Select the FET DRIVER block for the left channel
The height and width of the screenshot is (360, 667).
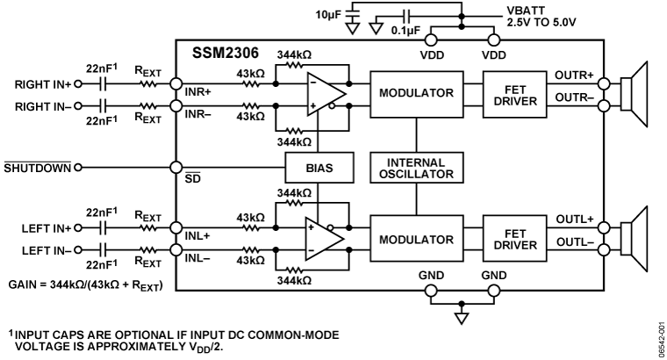pos(511,240)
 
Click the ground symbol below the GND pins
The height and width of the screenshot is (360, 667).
pos(461,318)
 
